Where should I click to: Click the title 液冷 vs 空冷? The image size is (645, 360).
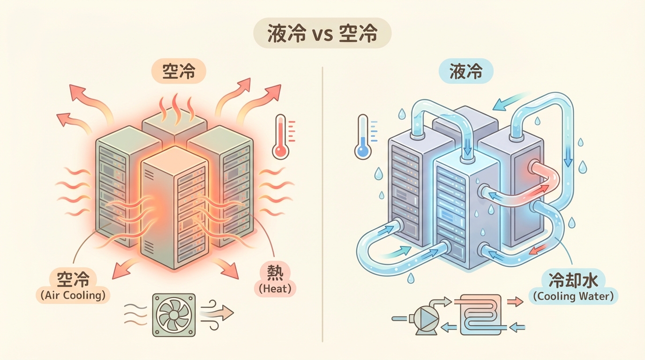[x=322, y=33]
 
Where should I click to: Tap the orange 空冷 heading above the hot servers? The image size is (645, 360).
[x=178, y=72]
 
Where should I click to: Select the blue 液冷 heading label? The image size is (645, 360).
[x=465, y=72]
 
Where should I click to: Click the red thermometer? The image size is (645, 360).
[x=281, y=137]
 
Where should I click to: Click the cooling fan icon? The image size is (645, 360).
[x=173, y=315]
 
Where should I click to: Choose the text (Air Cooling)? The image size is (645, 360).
[x=72, y=295]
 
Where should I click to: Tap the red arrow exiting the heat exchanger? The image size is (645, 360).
[x=515, y=302]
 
